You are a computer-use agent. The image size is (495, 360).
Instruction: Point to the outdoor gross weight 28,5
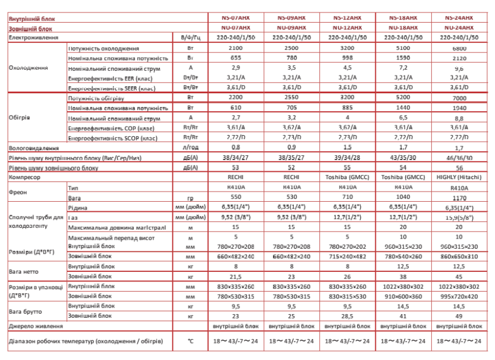[x=345, y=315]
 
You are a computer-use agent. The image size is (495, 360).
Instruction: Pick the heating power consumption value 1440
[x=402, y=108]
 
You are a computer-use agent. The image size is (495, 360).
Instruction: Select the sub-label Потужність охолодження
[x=104, y=48]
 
